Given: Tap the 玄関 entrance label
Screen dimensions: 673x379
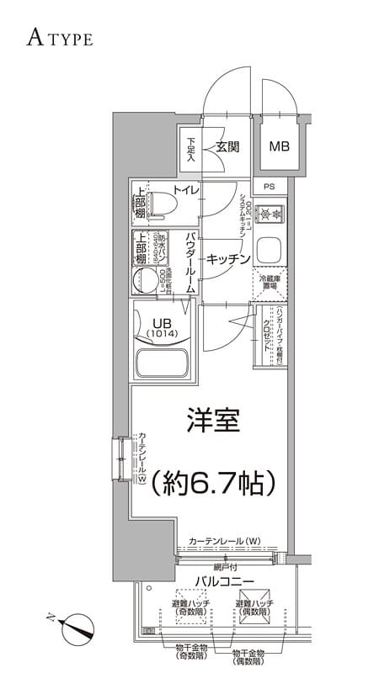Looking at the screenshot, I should pos(227,146).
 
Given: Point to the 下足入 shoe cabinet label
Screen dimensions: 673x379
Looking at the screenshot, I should pos(191,150).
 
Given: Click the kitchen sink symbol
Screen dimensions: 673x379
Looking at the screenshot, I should pos(270,250).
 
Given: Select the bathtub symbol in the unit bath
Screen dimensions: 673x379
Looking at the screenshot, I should pos(163,365).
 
